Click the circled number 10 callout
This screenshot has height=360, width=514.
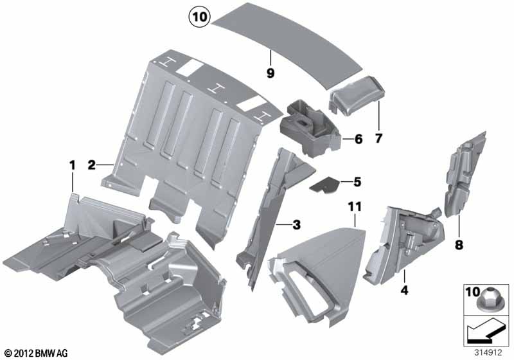point(200,17)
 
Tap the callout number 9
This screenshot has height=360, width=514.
point(270,73)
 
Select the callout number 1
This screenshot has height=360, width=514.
point(73,165)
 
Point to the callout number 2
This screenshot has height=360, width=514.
point(91,165)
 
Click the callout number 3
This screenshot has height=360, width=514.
point(296,225)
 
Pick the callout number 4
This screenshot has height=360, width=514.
point(405,290)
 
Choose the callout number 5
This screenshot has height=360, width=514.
point(357,182)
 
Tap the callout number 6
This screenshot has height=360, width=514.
point(359,139)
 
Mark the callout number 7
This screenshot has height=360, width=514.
point(378,138)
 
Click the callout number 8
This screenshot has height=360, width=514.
point(459,244)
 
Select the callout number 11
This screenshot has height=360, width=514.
point(355,206)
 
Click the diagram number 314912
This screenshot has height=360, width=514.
point(488,353)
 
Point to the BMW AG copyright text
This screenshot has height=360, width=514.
point(36,354)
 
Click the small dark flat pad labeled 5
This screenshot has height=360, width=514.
point(324,185)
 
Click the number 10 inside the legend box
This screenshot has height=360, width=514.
point(473,292)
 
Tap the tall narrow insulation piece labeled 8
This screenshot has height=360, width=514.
point(464,175)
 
